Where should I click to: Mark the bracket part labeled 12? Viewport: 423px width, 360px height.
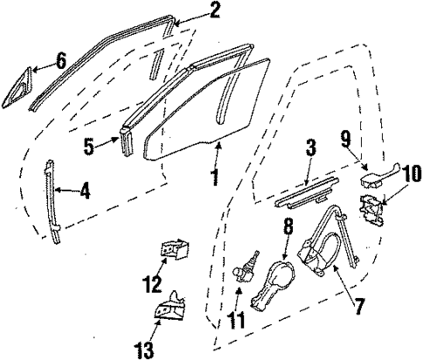point(177,250)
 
